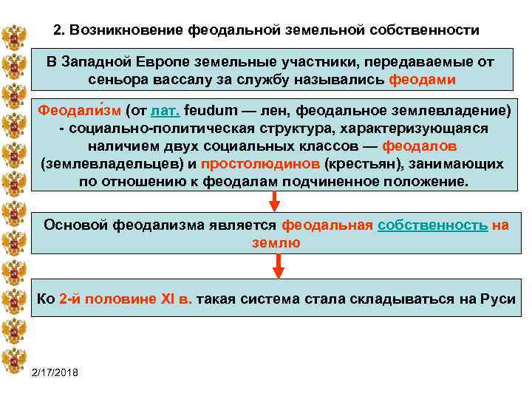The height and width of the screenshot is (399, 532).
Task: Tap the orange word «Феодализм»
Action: coord(79,112)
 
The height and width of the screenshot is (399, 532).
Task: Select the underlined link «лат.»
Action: coord(165,112)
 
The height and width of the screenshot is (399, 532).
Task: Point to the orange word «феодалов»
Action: coord(424,146)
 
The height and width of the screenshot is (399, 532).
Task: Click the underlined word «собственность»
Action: coord(432,225)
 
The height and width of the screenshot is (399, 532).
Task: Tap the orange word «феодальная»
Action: coord(327,225)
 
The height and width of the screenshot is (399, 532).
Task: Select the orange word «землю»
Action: coord(276,242)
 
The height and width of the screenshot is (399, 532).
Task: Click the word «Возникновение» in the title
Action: coord(126,31)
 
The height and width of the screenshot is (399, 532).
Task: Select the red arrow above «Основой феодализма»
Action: coord(274,200)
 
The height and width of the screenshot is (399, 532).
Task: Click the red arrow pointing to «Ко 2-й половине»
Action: coord(278,267)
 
